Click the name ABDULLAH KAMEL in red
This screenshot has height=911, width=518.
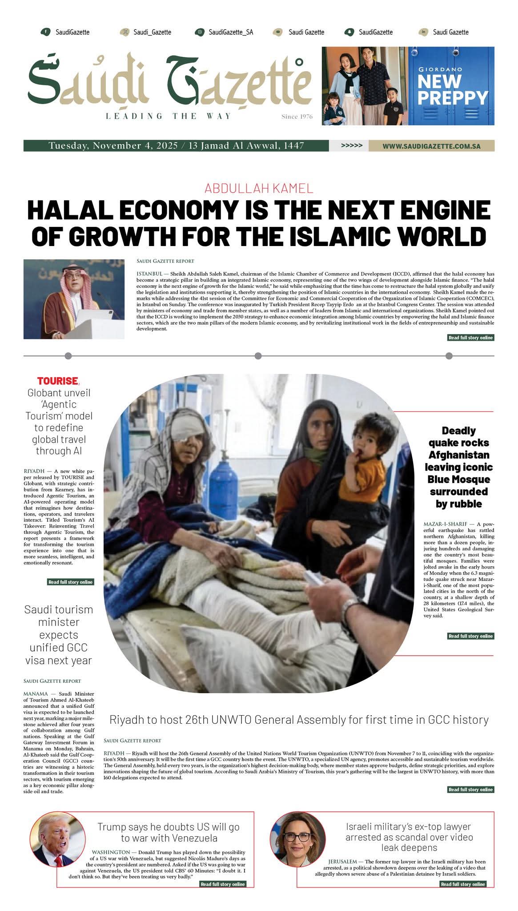click(x=259, y=188)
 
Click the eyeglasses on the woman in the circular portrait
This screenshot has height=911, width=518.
click(x=297, y=836)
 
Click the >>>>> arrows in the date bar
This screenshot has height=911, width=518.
click(x=351, y=146)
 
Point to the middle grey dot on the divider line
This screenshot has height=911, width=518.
click(x=258, y=356)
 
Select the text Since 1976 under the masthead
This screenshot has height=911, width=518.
click(x=297, y=117)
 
